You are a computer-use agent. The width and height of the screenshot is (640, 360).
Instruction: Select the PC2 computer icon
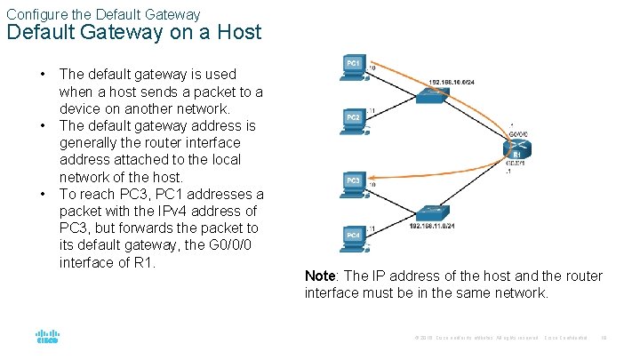tap(353, 124)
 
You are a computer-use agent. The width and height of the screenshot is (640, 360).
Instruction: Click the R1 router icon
tap(516, 148)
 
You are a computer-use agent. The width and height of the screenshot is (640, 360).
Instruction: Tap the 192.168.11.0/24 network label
tap(435, 228)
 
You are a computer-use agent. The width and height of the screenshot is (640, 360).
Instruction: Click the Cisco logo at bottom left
tap(47, 338)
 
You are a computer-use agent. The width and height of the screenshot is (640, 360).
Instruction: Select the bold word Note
tap(321, 276)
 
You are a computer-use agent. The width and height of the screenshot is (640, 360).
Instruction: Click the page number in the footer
tap(604, 338)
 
